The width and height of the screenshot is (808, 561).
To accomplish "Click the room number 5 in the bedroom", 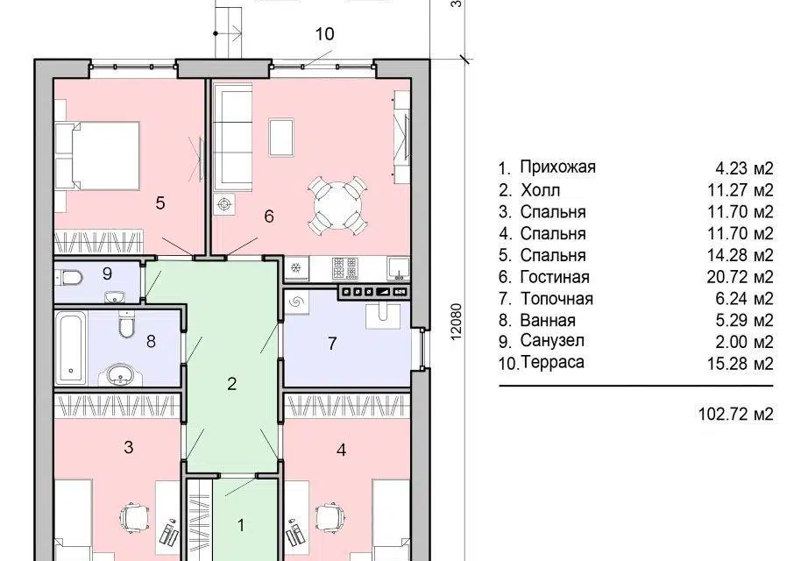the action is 160,203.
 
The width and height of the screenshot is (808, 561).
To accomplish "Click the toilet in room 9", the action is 69,278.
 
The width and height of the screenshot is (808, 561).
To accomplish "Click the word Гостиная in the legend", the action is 555,277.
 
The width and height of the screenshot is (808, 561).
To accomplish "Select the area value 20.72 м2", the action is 740,277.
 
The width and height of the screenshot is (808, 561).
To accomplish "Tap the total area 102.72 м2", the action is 736,414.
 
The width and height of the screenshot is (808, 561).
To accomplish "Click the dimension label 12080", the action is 456,322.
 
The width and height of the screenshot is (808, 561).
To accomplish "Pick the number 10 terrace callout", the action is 324,34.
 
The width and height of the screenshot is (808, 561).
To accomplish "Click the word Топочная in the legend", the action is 556,299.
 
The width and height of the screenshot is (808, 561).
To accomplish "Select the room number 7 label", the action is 332,344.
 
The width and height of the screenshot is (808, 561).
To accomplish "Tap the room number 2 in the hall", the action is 232,384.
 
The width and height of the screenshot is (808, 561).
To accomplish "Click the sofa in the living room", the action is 232,138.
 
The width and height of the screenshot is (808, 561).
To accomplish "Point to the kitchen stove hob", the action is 345,268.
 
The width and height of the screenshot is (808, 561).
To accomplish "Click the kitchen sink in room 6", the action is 399,268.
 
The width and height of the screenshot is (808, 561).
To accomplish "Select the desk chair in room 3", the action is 135,516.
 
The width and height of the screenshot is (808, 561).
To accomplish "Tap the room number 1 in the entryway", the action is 240,525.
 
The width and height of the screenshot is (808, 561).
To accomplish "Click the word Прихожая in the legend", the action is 557,167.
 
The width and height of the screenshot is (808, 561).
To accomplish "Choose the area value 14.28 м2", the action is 740,256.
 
